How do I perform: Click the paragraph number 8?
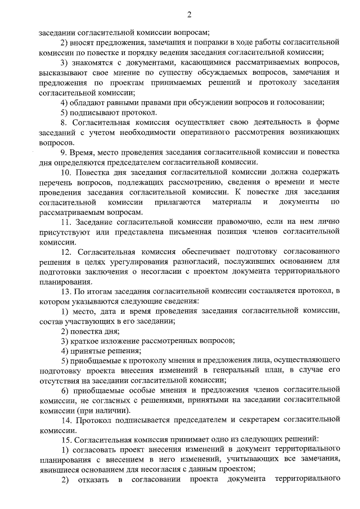(x=64, y=122)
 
